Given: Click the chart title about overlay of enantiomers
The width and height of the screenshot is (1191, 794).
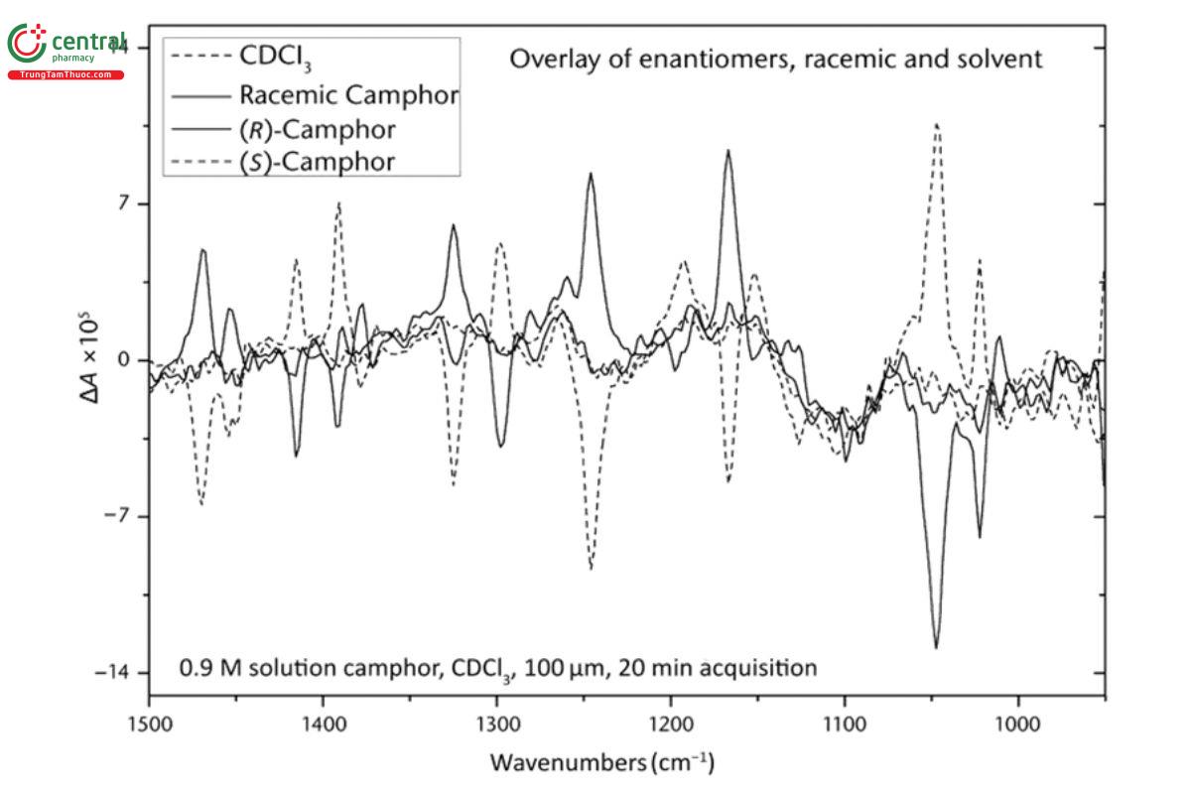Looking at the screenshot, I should click(x=775, y=60).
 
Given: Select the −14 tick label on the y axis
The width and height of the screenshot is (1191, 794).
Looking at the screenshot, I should click(x=117, y=673).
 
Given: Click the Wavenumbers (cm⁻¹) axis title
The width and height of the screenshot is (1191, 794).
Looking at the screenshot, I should click(x=600, y=764).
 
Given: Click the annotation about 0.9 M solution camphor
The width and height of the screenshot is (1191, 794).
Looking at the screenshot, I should click(x=498, y=668).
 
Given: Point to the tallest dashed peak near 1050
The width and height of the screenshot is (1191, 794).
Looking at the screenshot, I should click(x=936, y=125).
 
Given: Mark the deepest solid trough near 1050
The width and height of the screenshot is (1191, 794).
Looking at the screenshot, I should click(x=936, y=647).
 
